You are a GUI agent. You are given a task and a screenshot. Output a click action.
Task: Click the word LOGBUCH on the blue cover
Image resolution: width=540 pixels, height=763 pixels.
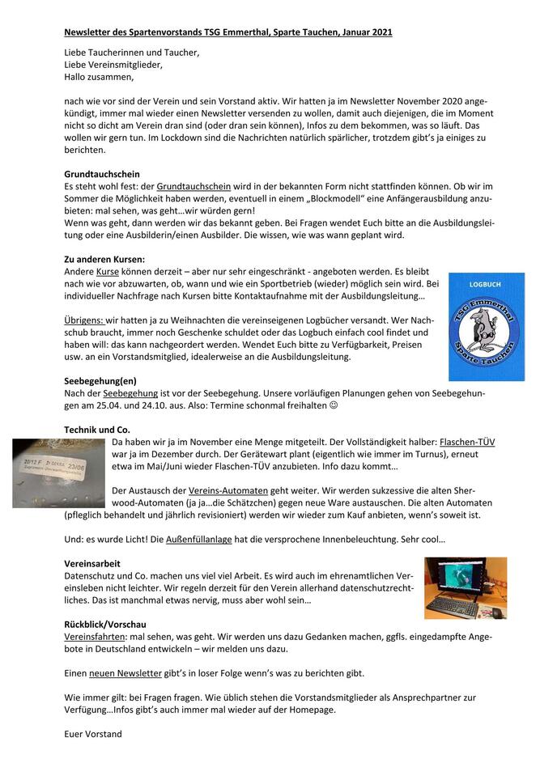pos(486,285)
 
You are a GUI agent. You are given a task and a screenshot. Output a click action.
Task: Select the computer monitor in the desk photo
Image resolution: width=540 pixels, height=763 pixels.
pos(459,578)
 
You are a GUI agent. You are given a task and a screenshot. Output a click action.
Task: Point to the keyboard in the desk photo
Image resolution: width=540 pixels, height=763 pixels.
pos(457,607)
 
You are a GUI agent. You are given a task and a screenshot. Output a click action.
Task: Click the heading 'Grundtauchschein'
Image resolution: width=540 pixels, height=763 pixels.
pos(102,174)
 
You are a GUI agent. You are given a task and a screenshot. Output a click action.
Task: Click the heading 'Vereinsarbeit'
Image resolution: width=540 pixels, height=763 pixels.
pos(93,562)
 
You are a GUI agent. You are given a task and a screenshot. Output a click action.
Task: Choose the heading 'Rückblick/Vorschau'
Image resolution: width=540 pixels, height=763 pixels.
pos(105,624)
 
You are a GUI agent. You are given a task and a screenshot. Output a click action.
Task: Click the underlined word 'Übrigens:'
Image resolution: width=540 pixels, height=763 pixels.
pos(83,320)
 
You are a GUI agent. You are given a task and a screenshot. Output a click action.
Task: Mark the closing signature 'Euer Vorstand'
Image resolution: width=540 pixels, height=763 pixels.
pos(93,734)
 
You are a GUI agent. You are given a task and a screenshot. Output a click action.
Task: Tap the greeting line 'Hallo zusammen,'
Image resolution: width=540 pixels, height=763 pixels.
pos(99,78)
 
